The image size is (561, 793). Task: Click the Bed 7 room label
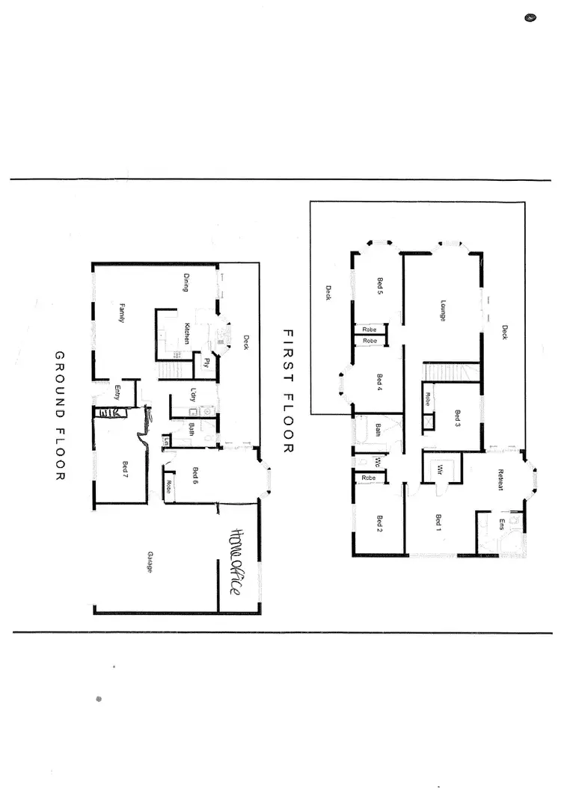tap(125, 469)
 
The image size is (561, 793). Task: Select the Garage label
tap(150, 562)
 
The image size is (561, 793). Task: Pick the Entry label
tap(117, 392)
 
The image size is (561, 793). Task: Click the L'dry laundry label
tap(192, 394)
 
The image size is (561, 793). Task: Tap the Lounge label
tap(443, 310)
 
